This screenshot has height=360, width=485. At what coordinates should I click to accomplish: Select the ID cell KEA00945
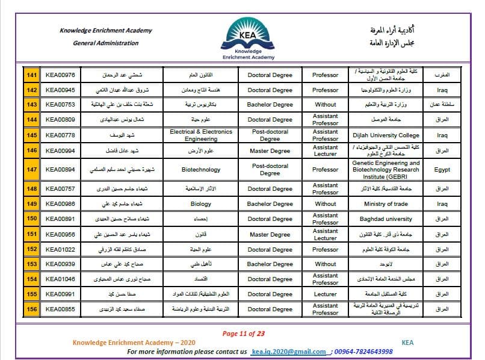(60, 90)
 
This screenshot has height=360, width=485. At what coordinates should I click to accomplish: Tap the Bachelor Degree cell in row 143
(270, 104)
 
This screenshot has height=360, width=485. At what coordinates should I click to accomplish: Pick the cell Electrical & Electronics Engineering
(201, 135)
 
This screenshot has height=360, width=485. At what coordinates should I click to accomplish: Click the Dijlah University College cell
(386, 135)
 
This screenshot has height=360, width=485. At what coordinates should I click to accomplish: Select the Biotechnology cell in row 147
(201, 170)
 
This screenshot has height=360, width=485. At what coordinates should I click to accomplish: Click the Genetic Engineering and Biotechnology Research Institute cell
(386, 170)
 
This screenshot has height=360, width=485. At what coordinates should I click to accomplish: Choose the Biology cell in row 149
(201, 204)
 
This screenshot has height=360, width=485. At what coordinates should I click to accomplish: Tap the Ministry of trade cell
(386, 204)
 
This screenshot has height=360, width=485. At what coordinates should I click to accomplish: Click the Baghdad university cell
(386, 219)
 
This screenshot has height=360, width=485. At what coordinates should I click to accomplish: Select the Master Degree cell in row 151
(270, 234)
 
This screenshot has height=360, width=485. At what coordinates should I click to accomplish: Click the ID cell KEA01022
(60, 249)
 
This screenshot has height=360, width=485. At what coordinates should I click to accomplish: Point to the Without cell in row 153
(326, 264)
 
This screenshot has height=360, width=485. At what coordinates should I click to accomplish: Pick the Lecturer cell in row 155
(326, 294)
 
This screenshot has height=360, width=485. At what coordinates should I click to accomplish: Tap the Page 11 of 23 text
(244, 334)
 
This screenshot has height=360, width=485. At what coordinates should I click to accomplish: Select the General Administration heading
(105, 43)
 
